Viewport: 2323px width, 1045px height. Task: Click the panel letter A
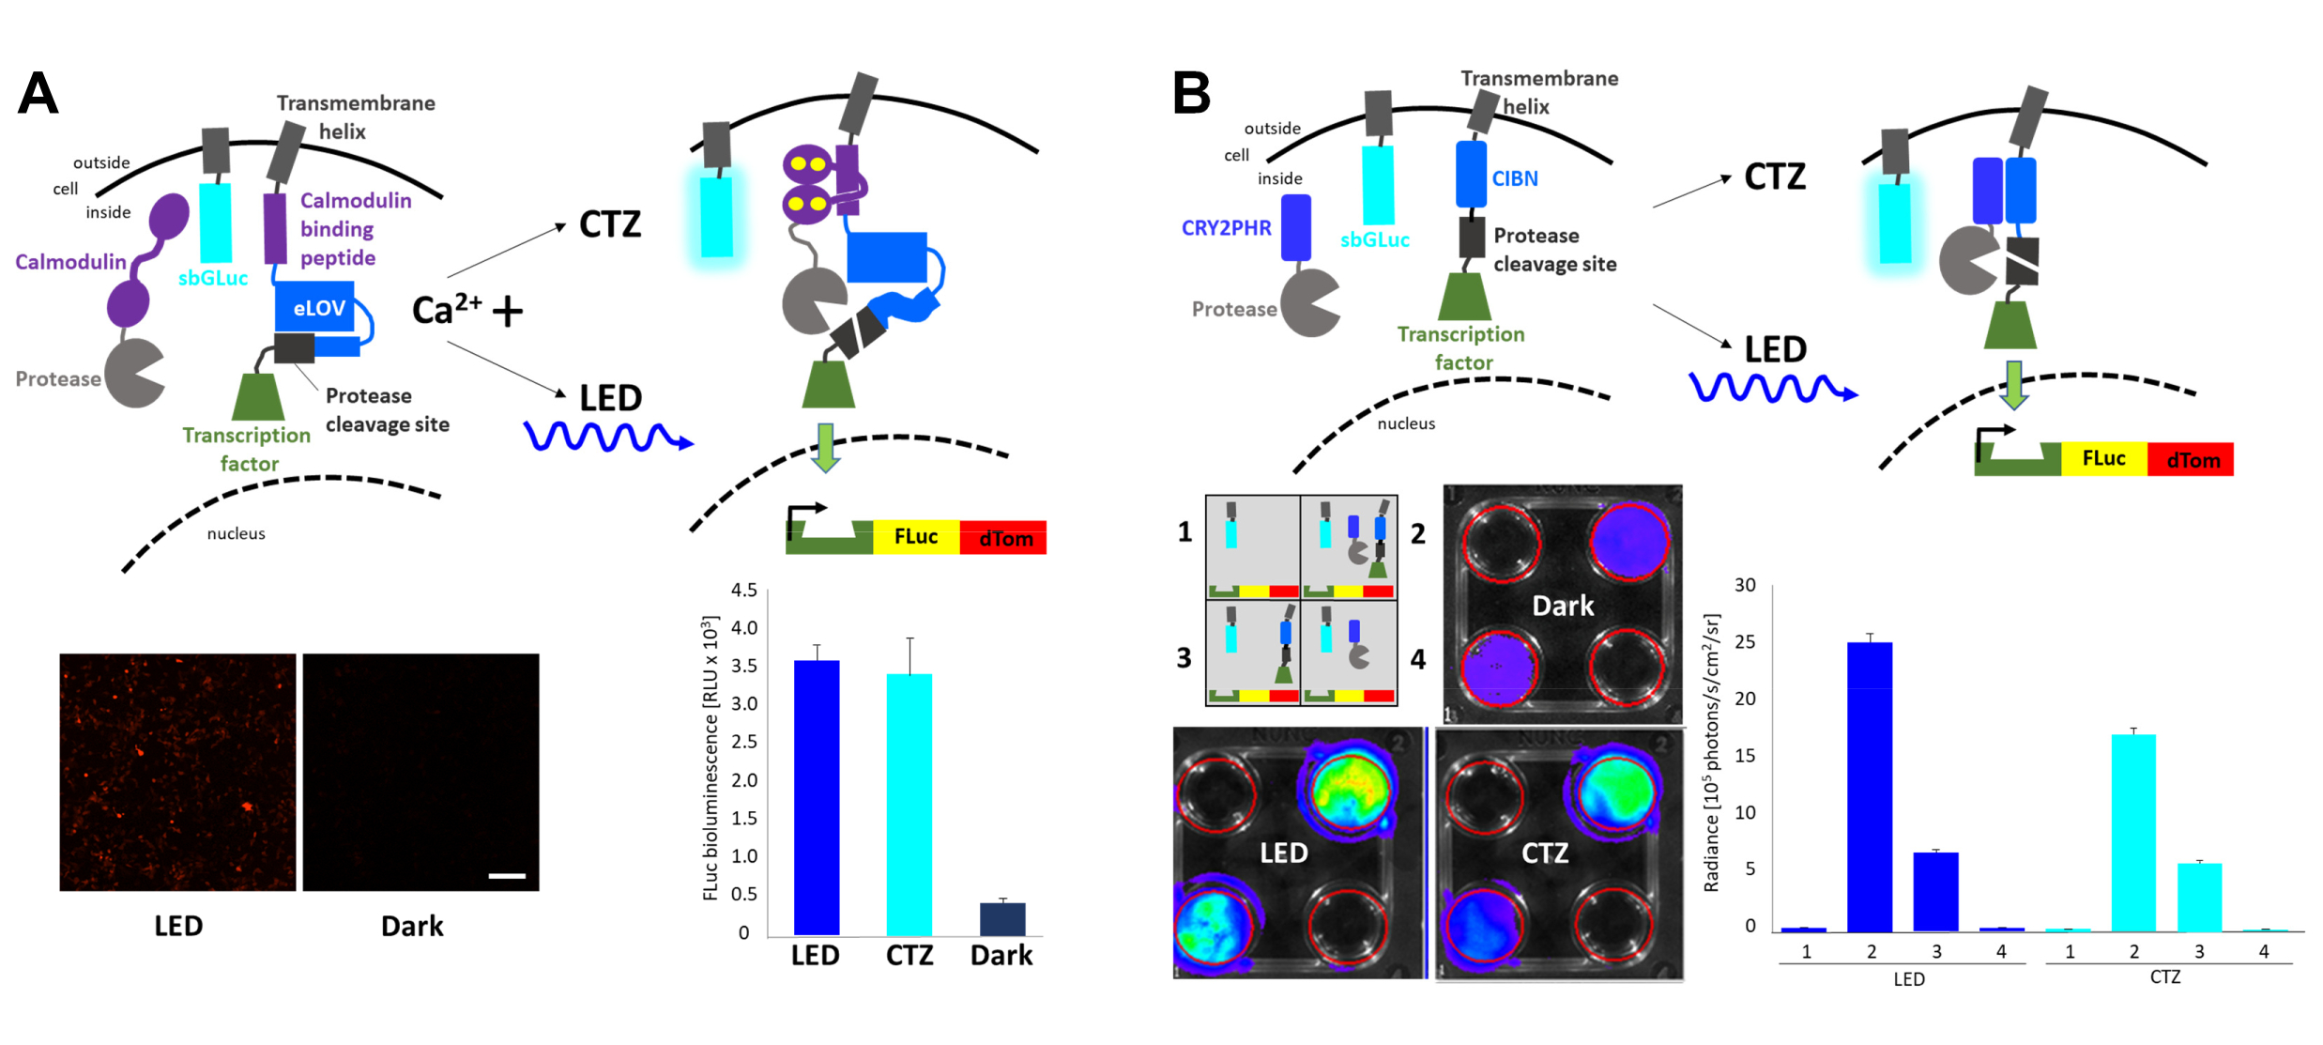tap(38, 94)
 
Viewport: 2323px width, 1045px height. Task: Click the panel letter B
tap(1191, 94)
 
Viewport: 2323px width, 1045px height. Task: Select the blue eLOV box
tap(316, 308)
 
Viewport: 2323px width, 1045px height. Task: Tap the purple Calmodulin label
tap(70, 262)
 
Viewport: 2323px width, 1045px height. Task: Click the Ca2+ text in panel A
tap(447, 309)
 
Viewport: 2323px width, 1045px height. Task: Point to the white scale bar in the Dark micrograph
tap(507, 876)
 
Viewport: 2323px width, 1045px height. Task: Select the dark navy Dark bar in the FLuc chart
tap(1001, 919)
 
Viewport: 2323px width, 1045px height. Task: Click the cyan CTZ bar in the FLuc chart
tap(909, 805)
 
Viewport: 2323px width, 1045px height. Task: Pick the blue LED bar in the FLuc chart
tap(816, 798)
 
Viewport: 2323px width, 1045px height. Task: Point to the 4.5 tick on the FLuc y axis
tap(743, 591)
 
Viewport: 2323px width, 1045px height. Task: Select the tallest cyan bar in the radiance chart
tap(2132, 833)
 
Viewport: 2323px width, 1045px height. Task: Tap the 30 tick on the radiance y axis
tap(1744, 585)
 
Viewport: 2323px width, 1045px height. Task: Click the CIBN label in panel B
tap(1515, 178)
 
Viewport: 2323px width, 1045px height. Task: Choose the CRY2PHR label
tap(1226, 228)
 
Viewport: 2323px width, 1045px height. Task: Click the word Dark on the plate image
tap(1563, 607)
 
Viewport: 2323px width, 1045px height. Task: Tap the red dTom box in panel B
tap(2193, 460)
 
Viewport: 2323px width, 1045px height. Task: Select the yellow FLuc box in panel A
tap(915, 537)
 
